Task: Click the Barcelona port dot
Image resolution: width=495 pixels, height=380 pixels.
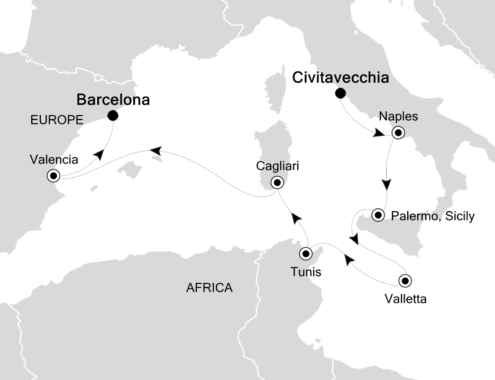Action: (x=112, y=116)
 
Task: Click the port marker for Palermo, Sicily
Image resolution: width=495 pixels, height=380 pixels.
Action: (x=378, y=215)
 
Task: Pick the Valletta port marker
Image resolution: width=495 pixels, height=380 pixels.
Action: (x=405, y=280)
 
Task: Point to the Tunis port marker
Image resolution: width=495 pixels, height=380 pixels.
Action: (x=306, y=254)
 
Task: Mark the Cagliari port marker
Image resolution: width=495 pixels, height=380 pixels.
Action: (x=277, y=183)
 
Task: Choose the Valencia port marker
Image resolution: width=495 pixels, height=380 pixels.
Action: (x=54, y=176)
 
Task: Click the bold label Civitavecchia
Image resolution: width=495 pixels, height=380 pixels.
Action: (x=341, y=78)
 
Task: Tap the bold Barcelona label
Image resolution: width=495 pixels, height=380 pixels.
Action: (x=113, y=99)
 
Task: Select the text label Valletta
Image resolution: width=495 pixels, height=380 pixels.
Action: (x=406, y=299)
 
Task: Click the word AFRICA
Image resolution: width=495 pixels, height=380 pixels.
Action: (x=209, y=288)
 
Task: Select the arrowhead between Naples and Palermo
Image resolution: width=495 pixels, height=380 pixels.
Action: (x=387, y=185)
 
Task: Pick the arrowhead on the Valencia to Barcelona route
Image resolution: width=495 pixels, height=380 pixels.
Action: (x=98, y=154)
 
